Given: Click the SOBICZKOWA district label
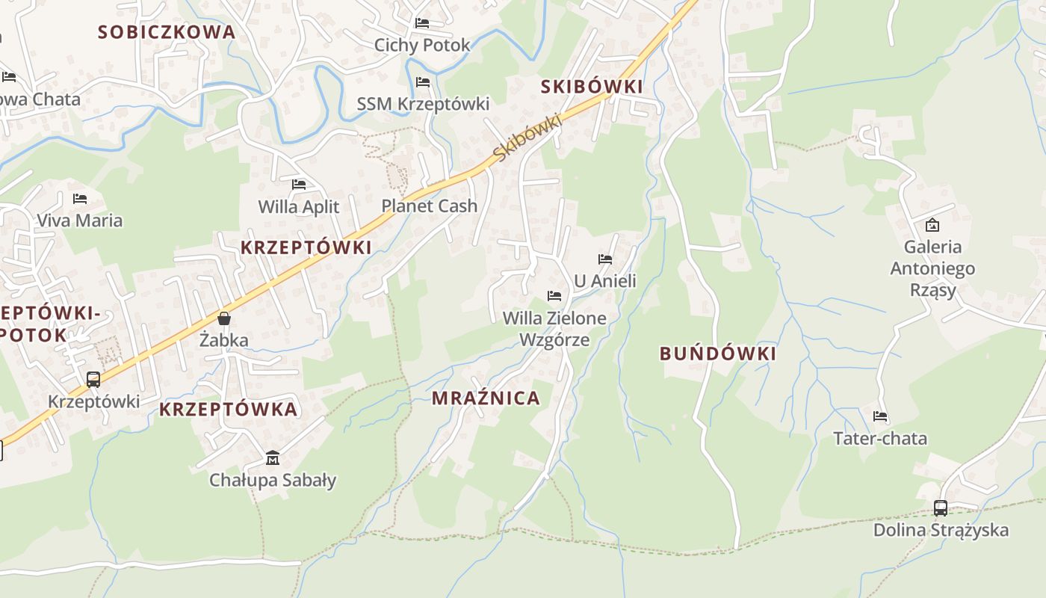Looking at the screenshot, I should coord(167,32).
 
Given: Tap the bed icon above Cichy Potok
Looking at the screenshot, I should coord(422,23).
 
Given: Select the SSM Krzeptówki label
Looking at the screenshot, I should coord(423,104).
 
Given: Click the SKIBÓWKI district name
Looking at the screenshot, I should coord(592,87).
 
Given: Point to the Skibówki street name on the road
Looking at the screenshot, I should coord(527,137).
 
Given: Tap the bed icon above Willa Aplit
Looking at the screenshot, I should coord(299,184).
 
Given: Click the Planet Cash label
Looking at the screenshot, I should coord(429,206).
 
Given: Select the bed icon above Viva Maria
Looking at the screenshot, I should coord(80,199).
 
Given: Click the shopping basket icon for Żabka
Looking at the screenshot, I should coord(224,318).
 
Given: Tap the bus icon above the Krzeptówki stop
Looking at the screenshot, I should coord(93,380).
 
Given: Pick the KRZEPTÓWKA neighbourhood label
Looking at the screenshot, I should coord(229,410).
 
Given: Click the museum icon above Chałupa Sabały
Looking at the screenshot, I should coord(273,457).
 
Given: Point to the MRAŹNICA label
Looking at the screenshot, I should coord(486,398).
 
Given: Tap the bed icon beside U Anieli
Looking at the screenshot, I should coord(605,259).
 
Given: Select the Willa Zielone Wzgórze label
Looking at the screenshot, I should coord(554,329).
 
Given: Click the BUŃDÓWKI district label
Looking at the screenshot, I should coord(718,354).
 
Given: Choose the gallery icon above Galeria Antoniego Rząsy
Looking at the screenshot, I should coord(932,224).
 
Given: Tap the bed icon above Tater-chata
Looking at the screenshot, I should coord(880,416).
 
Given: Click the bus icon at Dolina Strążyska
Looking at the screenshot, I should coord(941,508).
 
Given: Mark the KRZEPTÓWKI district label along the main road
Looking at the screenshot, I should coord(306,248).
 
